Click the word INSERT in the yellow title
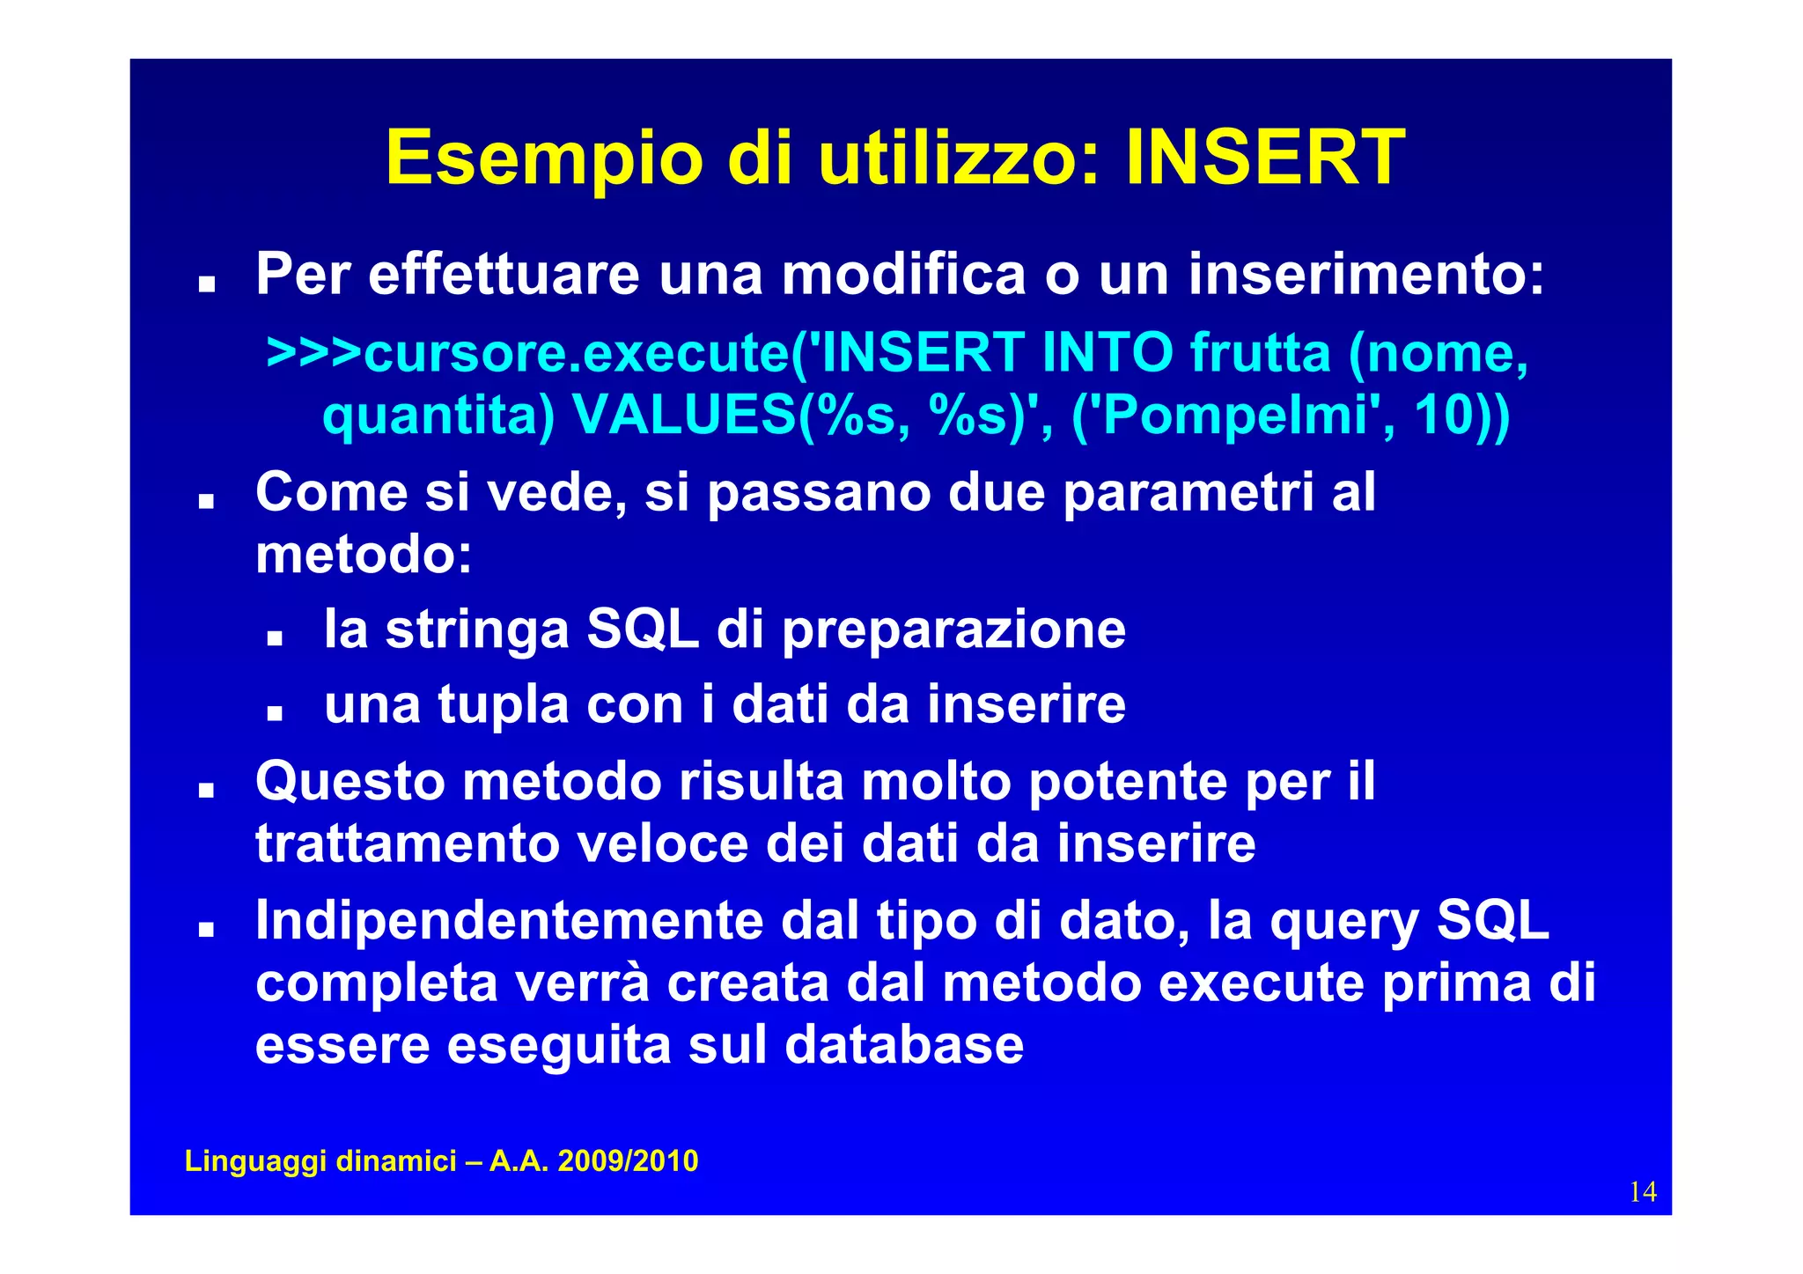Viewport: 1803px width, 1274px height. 1265,158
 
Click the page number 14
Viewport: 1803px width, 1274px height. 1643,1192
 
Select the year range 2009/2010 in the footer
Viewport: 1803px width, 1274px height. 628,1161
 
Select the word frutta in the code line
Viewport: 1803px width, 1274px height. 1261,352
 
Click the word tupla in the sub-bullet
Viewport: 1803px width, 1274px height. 504,704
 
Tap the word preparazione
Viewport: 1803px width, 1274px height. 953,631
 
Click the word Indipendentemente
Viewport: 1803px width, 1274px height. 509,920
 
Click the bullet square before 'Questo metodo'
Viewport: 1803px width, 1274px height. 207,790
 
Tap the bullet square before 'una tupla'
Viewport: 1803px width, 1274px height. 275,712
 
